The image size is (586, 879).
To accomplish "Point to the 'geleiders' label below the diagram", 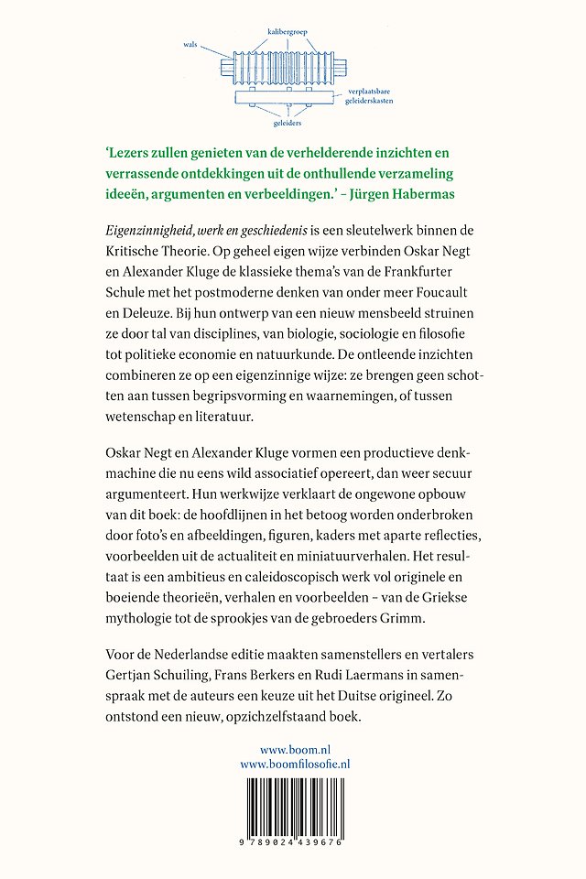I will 288,119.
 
